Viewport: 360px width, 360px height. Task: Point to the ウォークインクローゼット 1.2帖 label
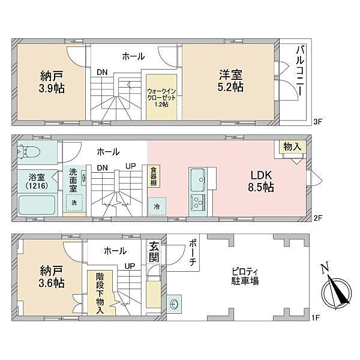pyautogui.click(x=161, y=96)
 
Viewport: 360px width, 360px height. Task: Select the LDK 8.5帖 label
pyautogui.click(x=262, y=181)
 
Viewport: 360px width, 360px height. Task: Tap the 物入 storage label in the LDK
pyautogui.click(x=293, y=147)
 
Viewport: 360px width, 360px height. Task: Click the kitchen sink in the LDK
pyautogui.click(x=199, y=178)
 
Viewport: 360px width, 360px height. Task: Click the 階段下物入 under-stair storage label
pyautogui.click(x=99, y=293)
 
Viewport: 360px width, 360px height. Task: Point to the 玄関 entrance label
pyautogui.click(x=154, y=252)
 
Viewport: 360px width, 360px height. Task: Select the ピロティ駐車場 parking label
pyautogui.click(x=245, y=276)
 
